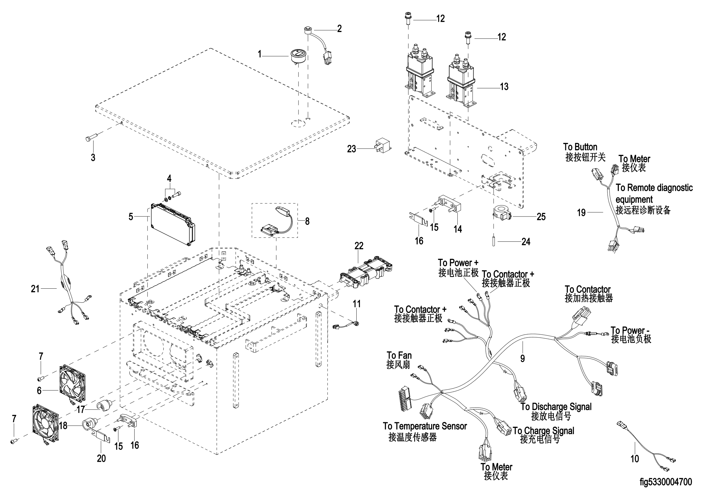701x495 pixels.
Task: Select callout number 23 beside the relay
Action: point(352,149)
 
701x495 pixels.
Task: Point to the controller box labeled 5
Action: point(173,224)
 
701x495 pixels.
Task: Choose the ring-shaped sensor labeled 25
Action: point(502,214)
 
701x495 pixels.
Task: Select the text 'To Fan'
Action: point(399,356)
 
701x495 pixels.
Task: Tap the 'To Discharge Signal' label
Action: point(556,407)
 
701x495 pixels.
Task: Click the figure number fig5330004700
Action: point(666,482)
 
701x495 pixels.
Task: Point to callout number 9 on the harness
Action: point(522,358)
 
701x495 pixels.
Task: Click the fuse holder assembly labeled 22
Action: point(366,274)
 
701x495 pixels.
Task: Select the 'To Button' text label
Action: point(580,147)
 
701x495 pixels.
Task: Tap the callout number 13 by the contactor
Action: point(504,87)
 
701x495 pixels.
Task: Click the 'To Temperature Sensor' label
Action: point(425,426)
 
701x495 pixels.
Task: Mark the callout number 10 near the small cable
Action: point(634,458)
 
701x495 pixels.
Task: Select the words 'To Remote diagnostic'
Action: point(654,187)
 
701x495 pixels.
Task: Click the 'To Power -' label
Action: point(630,331)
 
